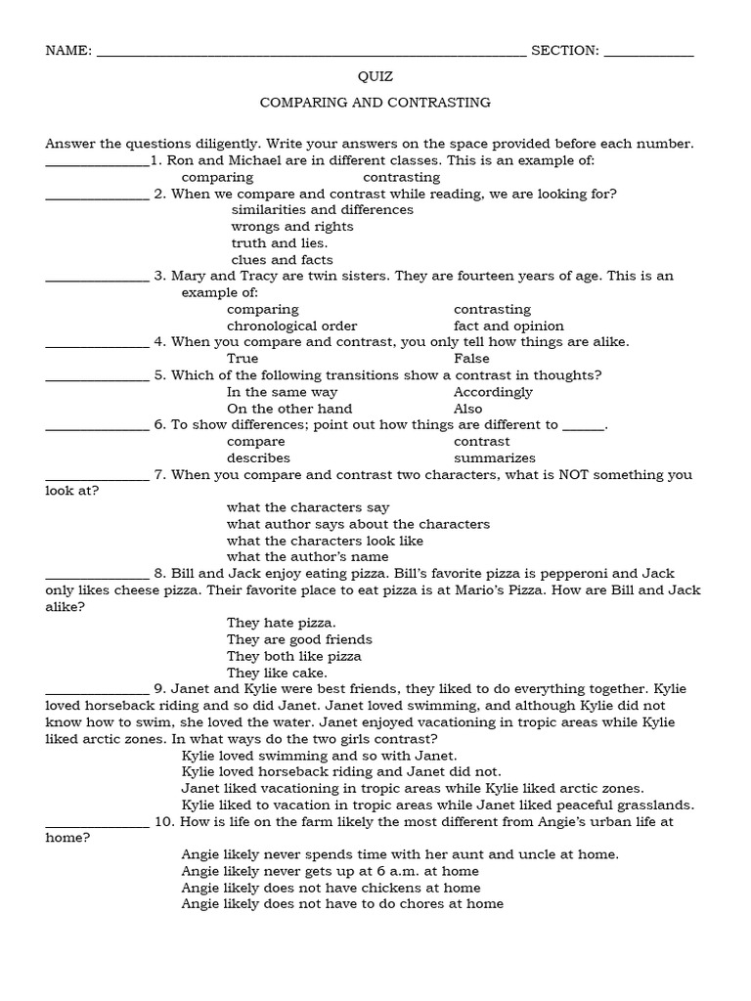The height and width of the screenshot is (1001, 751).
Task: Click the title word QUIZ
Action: [x=375, y=76]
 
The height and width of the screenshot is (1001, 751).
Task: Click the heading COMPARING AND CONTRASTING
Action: [x=375, y=102]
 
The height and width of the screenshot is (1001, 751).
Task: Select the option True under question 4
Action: [x=243, y=359]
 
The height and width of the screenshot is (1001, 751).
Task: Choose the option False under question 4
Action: [x=471, y=359]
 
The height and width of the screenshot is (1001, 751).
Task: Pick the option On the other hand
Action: [x=289, y=409]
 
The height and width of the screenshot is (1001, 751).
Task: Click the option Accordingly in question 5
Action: [x=493, y=392]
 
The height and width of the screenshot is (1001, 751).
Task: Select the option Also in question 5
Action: [x=468, y=409]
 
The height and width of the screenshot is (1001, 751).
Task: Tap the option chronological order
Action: [x=292, y=326]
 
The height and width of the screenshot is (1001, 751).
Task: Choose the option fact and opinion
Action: [x=508, y=326]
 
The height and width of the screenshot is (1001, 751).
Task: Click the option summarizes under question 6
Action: [x=495, y=457]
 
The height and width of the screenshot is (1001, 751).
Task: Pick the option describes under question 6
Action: [x=258, y=457]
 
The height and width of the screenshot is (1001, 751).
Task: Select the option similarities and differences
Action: [x=322, y=209]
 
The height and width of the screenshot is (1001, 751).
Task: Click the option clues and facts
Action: [x=282, y=260]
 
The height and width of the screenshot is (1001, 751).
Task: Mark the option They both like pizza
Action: [x=294, y=656]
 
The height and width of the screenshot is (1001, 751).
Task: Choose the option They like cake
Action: [x=277, y=673]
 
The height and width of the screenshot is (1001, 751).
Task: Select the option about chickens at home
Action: [x=331, y=888]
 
